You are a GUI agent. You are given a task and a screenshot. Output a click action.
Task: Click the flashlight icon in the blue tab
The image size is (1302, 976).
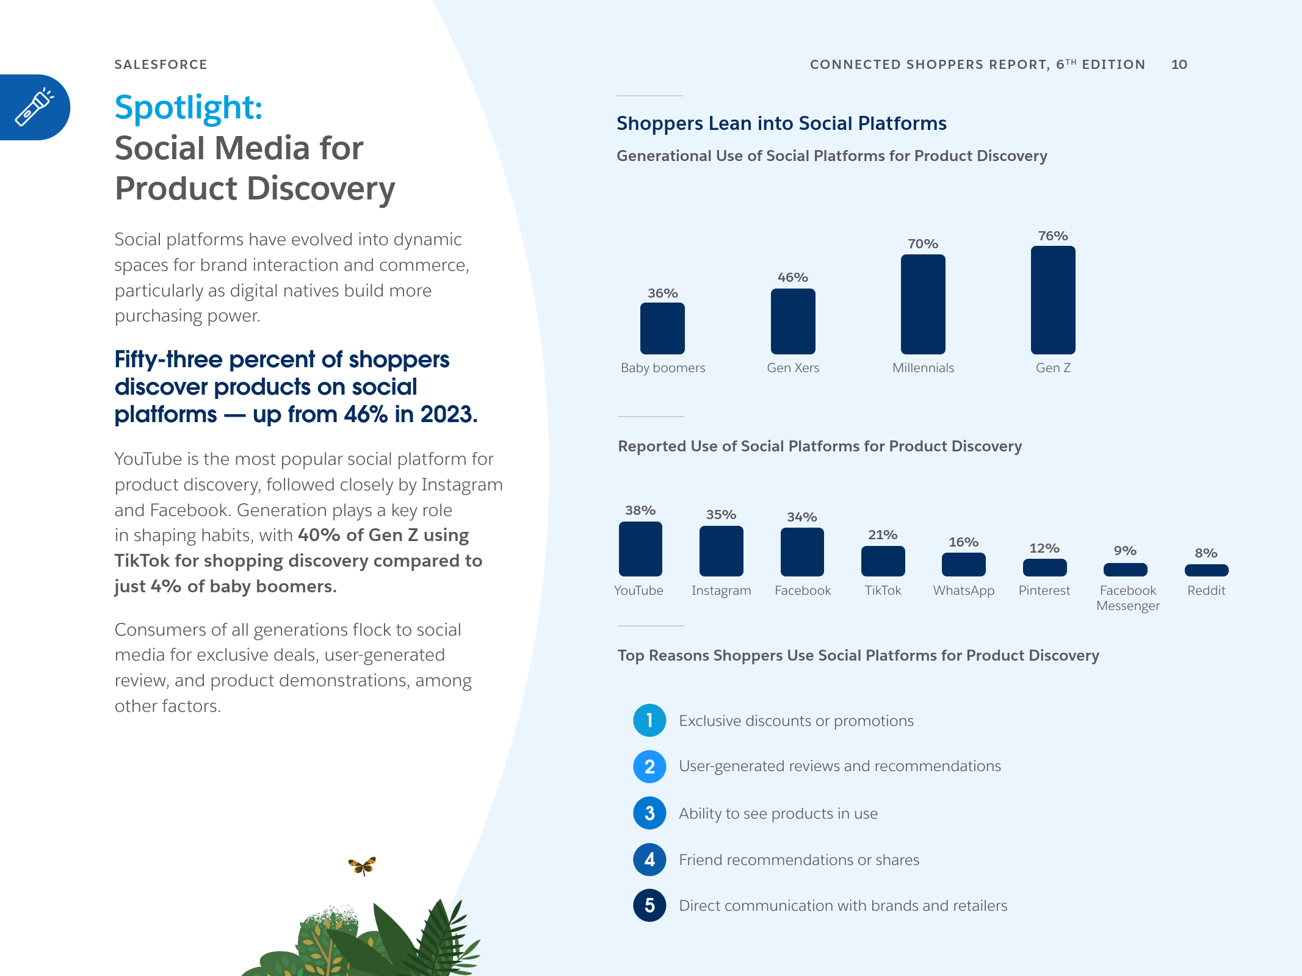click(34, 107)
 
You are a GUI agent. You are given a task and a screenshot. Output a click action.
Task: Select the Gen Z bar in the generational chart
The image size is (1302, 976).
click(1053, 300)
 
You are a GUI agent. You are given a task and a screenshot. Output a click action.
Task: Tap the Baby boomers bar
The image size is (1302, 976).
click(662, 328)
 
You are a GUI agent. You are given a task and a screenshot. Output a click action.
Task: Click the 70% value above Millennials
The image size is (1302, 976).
click(923, 244)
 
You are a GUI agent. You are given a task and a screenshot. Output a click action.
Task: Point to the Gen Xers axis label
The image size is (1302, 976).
click(793, 368)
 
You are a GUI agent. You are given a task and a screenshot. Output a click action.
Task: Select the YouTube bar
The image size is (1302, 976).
click(640, 549)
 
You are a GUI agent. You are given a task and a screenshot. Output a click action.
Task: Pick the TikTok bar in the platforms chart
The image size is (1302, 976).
click(883, 561)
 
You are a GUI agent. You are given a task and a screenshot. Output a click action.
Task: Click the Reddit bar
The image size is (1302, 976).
click(1206, 570)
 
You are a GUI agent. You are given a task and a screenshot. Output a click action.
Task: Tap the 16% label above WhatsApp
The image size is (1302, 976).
click(963, 542)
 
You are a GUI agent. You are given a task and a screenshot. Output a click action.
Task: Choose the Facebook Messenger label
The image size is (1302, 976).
click(1127, 598)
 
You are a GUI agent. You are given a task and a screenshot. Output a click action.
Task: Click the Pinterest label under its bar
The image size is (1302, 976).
click(1044, 590)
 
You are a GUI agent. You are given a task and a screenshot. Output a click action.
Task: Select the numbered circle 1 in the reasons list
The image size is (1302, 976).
click(649, 720)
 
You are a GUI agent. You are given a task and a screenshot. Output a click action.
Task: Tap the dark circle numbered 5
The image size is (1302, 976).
click(649, 905)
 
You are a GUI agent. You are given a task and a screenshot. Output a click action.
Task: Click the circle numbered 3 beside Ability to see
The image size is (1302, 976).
click(649, 813)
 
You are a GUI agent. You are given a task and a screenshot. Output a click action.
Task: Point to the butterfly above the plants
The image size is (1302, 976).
click(362, 865)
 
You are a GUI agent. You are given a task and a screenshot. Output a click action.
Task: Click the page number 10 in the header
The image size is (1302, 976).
click(1179, 65)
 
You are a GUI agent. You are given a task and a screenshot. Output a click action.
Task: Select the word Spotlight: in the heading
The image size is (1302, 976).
click(189, 107)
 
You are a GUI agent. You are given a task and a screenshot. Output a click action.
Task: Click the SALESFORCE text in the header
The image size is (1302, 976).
click(161, 65)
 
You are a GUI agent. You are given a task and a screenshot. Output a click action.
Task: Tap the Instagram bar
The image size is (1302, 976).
click(721, 551)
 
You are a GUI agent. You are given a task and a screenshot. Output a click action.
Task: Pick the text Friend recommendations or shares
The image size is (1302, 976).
click(799, 859)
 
